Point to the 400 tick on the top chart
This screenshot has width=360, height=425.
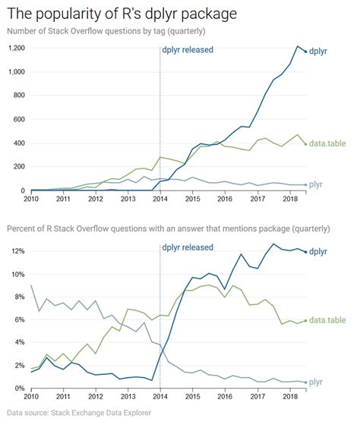[18, 143]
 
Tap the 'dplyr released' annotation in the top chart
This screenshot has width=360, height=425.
[188, 50]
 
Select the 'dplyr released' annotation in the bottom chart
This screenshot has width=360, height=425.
[188, 247]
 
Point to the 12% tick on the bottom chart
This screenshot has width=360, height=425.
[16, 251]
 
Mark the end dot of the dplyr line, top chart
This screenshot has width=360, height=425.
[306, 52]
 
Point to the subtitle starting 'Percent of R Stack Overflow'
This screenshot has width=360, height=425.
[169, 228]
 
